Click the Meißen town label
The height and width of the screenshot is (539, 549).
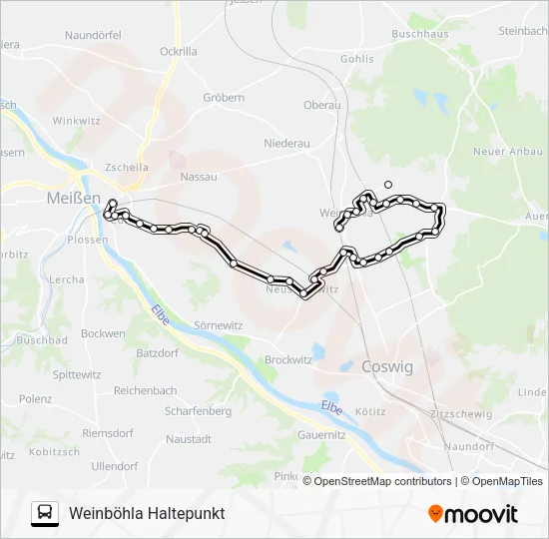73,199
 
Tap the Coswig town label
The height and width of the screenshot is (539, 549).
387,366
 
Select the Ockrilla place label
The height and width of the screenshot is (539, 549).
178,51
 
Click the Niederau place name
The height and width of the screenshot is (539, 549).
286,144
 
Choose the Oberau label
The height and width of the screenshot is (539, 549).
321,104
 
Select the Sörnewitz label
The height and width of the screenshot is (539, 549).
218,325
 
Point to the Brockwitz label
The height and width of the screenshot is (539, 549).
289,359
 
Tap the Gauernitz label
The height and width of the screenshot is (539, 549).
321,435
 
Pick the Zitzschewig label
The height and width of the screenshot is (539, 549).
458,413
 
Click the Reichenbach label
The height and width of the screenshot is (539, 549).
145,390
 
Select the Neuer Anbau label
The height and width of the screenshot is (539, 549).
506,151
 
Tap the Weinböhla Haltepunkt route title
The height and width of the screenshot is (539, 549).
147,513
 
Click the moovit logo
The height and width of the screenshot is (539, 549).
473,513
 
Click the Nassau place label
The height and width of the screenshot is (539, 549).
198,176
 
